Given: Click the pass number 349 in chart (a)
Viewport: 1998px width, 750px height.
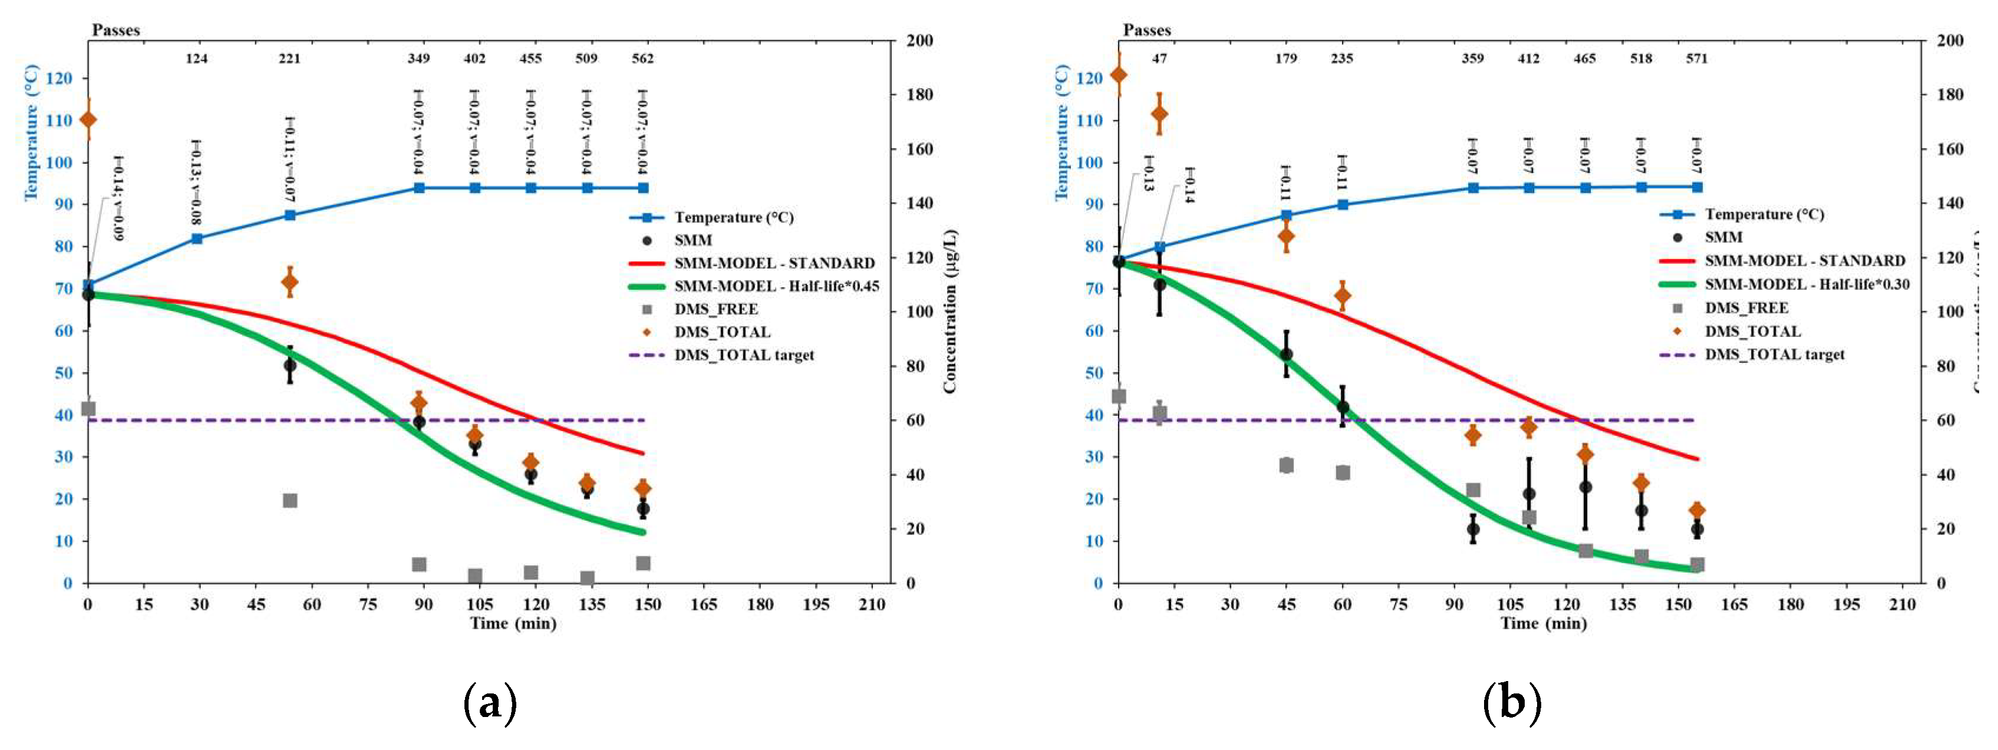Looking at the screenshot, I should coord(419,58).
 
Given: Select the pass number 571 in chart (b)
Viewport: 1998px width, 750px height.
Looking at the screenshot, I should coord(1696,58).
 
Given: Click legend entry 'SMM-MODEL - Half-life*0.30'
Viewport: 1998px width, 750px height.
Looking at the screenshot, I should coord(1806,284).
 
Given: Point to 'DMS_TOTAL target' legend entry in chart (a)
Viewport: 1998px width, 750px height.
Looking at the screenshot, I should coord(743,355).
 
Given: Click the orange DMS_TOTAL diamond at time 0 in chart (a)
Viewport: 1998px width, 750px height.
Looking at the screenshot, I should coord(88,120).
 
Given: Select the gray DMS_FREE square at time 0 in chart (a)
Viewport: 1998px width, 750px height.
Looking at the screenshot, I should coord(88,409).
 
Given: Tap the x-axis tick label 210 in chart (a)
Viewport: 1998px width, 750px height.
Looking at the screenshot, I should coord(872,604).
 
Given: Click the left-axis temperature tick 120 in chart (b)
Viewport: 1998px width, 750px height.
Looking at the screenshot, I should coord(1094,78).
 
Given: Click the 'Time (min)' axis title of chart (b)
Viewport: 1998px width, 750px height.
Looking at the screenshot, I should coord(1543,623).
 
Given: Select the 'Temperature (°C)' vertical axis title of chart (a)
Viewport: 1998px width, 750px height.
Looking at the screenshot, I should coord(32,133).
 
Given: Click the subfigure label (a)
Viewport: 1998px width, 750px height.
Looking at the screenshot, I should coord(489,703).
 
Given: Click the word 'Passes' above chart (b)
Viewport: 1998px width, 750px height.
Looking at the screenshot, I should coord(1146,30).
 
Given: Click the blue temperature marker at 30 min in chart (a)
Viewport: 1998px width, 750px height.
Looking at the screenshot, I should coord(197,239).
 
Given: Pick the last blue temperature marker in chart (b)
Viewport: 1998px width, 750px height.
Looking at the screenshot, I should coord(1696,187).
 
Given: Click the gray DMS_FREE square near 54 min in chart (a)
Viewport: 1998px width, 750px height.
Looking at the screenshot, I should coord(290,500).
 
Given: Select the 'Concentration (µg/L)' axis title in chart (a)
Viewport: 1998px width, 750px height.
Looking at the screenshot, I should coord(949,311).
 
